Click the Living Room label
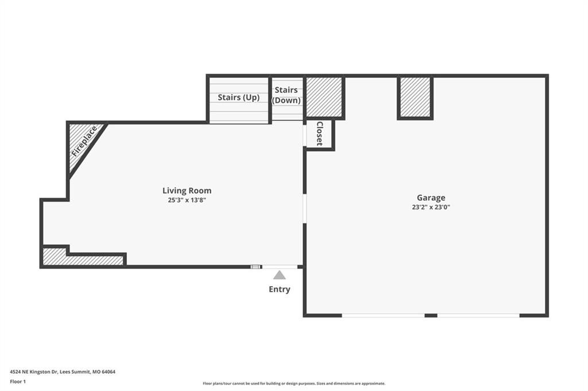click(x=187, y=190)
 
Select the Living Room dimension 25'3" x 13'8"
click(x=187, y=200)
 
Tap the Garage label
click(x=431, y=198)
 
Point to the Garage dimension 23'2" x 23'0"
click(x=431, y=207)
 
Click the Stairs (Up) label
click(x=238, y=97)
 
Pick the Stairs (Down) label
click(x=286, y=95)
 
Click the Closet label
click(x=319, y=134)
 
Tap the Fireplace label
click(x=84, y=141)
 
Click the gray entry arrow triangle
click(x=280, y=275)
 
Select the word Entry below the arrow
click(x=280, y=289)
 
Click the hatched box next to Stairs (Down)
click(x=324, y=97)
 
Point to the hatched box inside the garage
click(x=415, y=97)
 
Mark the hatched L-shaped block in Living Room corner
click(x=83, y=258)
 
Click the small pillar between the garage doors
click(x=431, y=315)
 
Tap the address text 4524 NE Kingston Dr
click(x=33, y=372)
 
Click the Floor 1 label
click(x=18, y=382)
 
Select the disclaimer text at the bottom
click(x=294, y=384)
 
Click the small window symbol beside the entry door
click(x=256, y=267)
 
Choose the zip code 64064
click(x=109, y=372)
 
